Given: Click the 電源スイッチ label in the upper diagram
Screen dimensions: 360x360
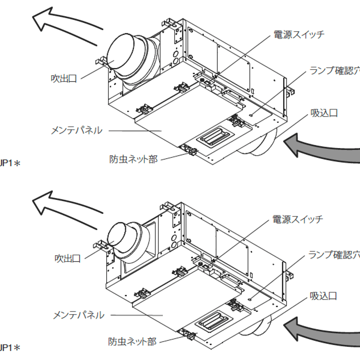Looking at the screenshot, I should (x=299, y=35).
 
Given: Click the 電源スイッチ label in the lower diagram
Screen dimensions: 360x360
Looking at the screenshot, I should (x=297, y=220).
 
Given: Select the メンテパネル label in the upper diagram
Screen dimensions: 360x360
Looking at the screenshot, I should (x=76, y=130).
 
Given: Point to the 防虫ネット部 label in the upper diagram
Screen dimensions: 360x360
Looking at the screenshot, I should (x=134, y=159).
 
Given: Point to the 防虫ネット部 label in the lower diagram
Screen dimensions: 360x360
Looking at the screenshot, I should (x=132, y=342).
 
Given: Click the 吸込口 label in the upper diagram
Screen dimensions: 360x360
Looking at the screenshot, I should (x=324, y=112).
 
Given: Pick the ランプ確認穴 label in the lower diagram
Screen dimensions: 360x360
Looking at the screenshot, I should (x=333, y=255).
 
